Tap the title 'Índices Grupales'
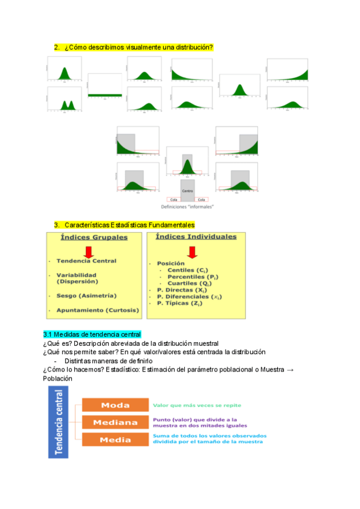pos(94,237)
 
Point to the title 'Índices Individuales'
pos(196,236)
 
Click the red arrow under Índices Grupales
pos(88,251)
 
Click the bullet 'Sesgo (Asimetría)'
pos(86,295)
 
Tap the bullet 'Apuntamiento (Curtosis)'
pos(97,310)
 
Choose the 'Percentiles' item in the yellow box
pos(190,276)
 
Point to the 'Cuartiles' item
pos(188,283)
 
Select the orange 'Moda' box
pos(115,405)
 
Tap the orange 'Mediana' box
pos(115,422)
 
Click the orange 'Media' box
pos(115,439)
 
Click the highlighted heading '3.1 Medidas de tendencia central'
pos(92,334)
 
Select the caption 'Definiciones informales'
pos(188,206)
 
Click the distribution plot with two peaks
pos(66,100)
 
